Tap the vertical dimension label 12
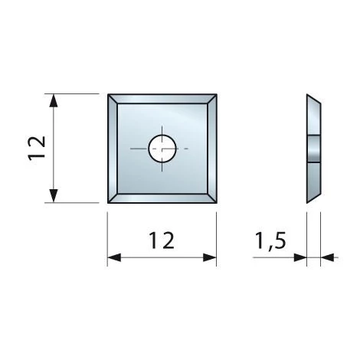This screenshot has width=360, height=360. [38, 149]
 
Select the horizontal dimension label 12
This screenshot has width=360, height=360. [162, 241]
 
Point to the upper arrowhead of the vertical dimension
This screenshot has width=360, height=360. [53, 100]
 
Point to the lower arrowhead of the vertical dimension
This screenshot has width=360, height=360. [53, 196]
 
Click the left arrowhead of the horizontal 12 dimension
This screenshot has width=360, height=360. [114, 257]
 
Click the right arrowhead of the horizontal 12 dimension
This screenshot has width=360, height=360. [210, 257]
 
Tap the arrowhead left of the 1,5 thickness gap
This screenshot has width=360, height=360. [300, 257]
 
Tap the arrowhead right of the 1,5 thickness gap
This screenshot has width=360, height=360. [327, 257]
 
